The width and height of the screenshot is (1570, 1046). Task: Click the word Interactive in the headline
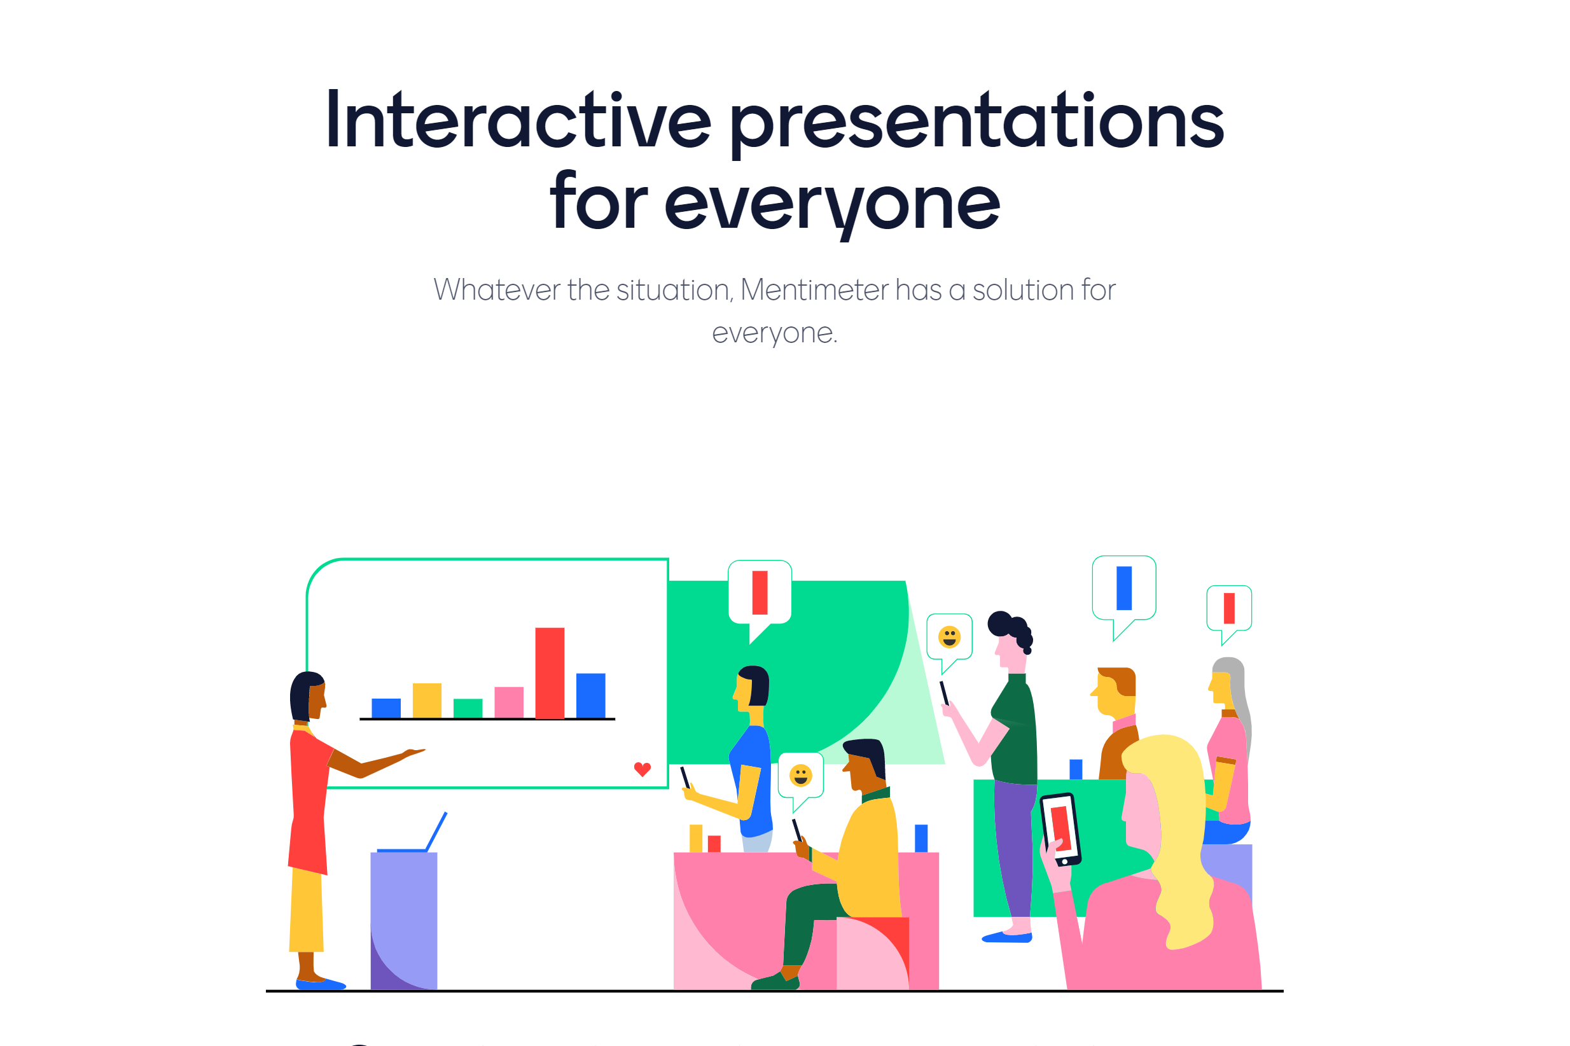[518, 120]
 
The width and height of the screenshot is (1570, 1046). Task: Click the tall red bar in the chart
[550, 673]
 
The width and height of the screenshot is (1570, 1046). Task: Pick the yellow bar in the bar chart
[427, 701]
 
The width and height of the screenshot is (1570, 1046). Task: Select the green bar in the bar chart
[468, 708]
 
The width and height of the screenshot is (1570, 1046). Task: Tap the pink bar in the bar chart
[509, 702]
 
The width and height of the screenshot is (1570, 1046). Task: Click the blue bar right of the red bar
[590, 696]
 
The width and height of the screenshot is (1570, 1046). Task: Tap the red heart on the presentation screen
[643, 769]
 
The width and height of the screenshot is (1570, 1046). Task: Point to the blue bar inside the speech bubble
[1124, 588]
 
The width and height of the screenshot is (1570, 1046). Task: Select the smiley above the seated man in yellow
[800, 776]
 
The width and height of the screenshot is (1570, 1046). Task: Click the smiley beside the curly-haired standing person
[949, 637]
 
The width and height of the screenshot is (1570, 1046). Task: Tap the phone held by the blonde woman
[1060, 829]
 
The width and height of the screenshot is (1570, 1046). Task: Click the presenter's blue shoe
[321, 984]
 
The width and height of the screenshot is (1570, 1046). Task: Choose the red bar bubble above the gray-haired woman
[1228, 614]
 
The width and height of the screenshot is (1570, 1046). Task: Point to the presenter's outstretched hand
[413, 753]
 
